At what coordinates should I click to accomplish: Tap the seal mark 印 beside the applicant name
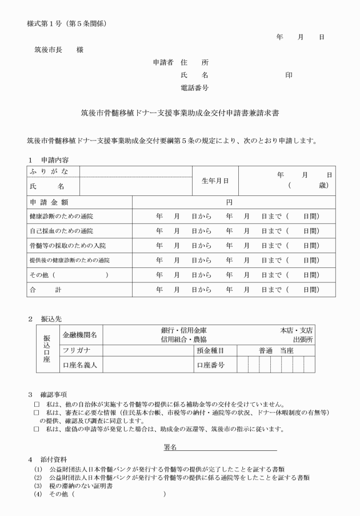pos(289,75)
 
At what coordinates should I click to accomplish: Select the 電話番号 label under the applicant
pos(194,88)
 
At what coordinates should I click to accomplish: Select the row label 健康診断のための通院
pos(61,217)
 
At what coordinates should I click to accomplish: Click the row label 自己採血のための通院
pos(61,231)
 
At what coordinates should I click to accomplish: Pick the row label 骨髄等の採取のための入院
pos(67,245)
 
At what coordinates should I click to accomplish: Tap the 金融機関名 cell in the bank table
pos(79,334)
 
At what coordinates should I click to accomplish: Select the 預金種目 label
pos(210,350)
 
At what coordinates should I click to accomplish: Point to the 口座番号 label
pos(210,364)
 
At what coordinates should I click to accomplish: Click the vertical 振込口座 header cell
pos(47,349)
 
